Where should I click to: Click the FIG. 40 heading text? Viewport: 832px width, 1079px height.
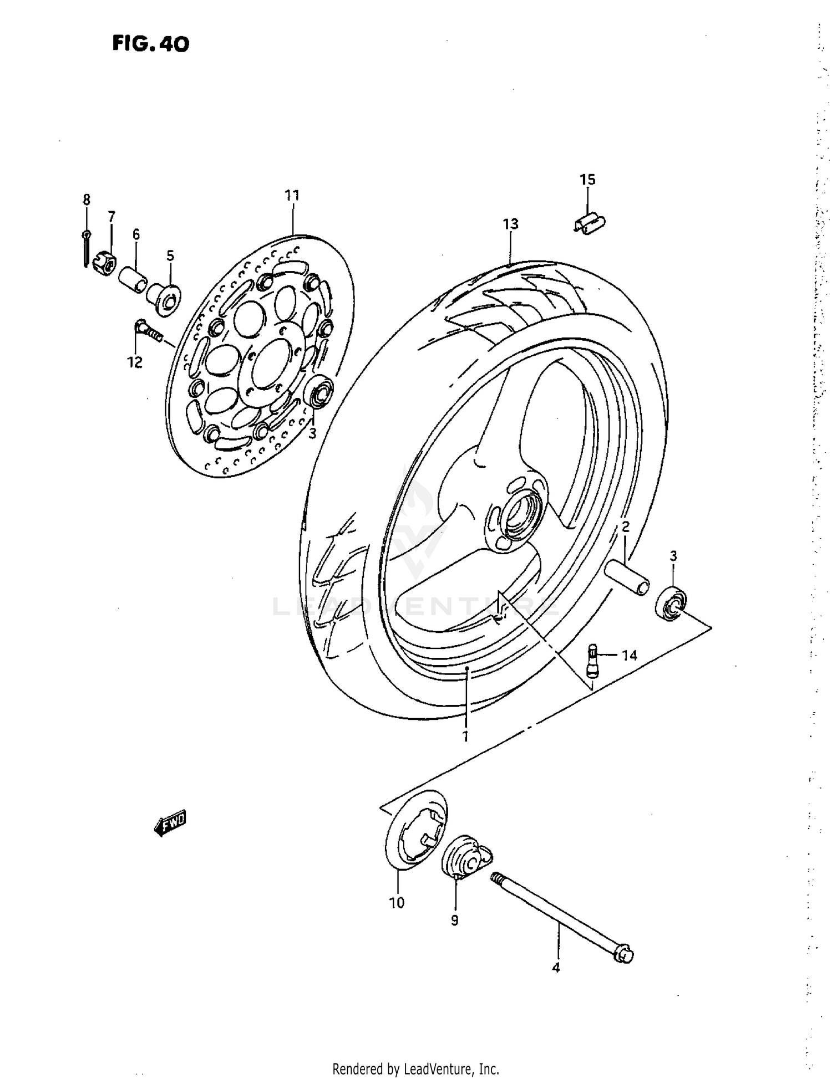click(150, 44)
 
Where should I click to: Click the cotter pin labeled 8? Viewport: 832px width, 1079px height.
click(85, 248)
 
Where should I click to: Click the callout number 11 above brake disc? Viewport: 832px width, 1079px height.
click(292, 195)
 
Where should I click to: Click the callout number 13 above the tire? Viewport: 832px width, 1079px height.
click(510, 224)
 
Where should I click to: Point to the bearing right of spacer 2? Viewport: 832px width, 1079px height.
click(671, 604)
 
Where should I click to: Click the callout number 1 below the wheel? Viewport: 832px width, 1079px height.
click(465, 737)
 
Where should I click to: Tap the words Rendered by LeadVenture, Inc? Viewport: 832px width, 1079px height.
click(415, 1068)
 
